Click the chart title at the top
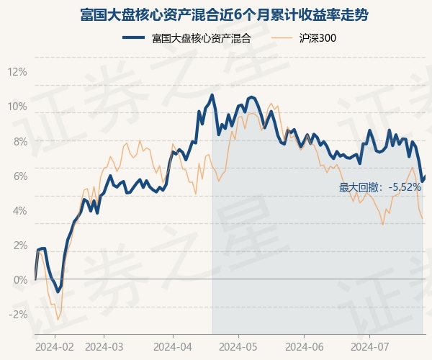point(216,15)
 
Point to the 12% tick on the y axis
point(17,72)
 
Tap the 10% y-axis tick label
point(17,107)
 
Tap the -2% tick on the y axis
point(17,314)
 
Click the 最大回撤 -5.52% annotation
point(379,187)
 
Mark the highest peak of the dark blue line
point(212,95)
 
